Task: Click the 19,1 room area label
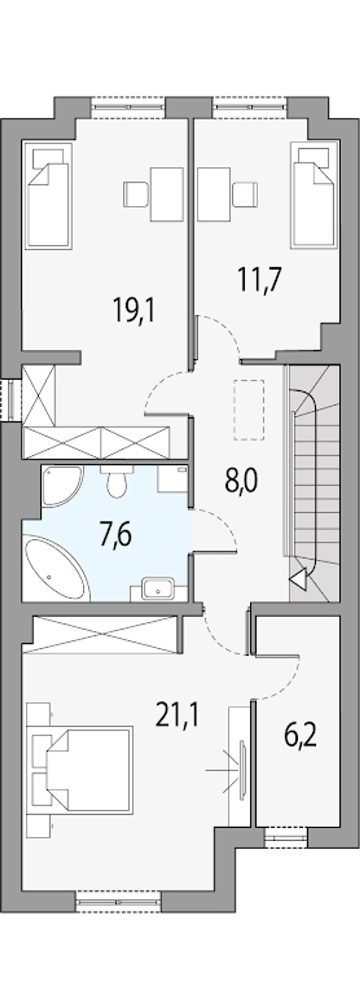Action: [x=134, y=310]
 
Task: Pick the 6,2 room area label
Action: [x=300, y=736]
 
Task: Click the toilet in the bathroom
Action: [x=117, y=481]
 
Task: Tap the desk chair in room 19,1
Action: [x=136, y=194]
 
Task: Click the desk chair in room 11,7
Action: [x=245, y=194]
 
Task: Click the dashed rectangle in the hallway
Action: [x=249, y=410]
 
